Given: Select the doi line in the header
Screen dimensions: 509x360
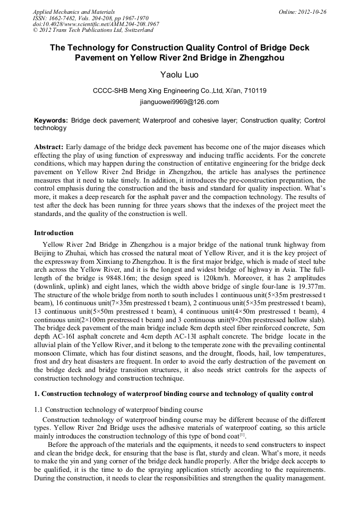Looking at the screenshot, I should point(96,24).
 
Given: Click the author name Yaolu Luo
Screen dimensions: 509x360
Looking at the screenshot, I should point(179,75).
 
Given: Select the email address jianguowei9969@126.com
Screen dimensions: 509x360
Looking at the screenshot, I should point(179,101).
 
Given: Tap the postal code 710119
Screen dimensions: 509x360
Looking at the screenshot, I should point(255,91).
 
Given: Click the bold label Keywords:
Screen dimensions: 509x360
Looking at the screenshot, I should point(51,120).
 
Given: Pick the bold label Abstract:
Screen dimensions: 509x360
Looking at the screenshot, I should point(49,146).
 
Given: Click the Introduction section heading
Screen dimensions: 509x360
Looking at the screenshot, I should point(54,232).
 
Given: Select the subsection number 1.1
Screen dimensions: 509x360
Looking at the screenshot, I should point(39,409).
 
